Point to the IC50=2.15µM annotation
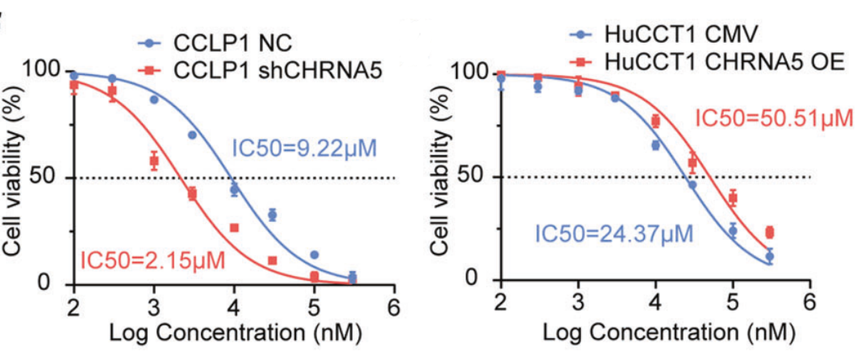[x=153, y=256]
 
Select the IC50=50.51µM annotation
[x=774, y=119]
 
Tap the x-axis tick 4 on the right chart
[x=656, y=304]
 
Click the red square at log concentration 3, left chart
[x=154, y=161]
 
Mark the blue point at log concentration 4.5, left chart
[x=272, y=215]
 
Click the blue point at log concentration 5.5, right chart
[x=769, y=256]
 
